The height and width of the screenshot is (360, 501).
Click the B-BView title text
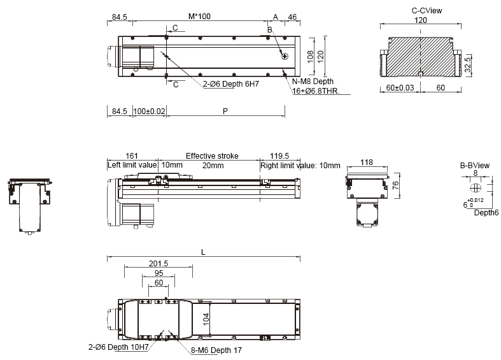pyautogui.click(x=475, y=165)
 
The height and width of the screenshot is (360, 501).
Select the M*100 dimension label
pyautogui.click(x=199, y=17)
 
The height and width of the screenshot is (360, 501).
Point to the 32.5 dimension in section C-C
pyautogui.click(x=468, y=64)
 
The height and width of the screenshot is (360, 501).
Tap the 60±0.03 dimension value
pyautogui.click(x=400, y=87)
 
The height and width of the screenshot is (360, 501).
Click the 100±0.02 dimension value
pyautogui.click(x=149, y=112)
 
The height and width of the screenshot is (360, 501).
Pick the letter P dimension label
pyautogui.click(x=225, y=112)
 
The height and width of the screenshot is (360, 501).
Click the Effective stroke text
pyautogui.click(x=212, y=155)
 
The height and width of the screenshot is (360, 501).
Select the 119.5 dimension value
pyautogui.click(x=280, y=155)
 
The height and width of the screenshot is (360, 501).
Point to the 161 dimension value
pyautogui.click(x=132, y=155)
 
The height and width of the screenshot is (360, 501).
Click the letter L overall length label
pyautogui.click(x=203, y=252)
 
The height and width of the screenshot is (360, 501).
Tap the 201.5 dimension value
pyautogui.click(x=158, y=264)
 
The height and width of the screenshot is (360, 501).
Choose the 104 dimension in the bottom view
pyautogui.click(x=206, y=319)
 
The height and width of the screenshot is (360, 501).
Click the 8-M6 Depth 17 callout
pyautogui.click(x=216, y=350)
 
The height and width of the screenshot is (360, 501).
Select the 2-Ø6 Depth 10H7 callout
pyautogui.click(x=118, y=348)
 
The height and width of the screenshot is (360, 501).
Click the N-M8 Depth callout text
pyautogui.click(x=313, y=82)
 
